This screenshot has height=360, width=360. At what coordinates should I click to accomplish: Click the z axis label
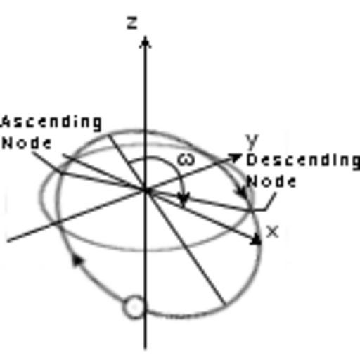[x=132, y=23]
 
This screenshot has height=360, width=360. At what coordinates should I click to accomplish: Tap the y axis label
[x=252, y=141]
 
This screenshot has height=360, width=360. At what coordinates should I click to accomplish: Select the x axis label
[x=272, y=232]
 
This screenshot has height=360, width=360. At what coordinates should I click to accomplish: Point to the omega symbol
[x=186, y=160]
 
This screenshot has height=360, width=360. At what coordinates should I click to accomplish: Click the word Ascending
[x=51, y=122]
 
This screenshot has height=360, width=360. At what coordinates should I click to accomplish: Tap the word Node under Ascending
[x=27, y=143]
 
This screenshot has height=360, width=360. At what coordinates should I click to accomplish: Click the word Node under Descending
[x=271, y=181]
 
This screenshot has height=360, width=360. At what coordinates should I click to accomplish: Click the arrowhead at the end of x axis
[x=257, y=240]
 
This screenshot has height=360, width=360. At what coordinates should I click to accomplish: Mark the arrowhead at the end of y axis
[x=235, y=157]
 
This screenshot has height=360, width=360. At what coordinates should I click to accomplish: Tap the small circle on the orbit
[x=134, y=307]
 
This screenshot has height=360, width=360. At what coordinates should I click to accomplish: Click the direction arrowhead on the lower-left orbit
[x=77, y=259]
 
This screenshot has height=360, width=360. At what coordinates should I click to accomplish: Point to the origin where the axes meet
[x=146, y=191]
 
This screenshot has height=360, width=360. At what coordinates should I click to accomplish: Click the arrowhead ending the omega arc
[x=184, y=199]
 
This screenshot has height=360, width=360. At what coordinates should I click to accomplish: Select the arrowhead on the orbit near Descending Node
[x=241, y=193]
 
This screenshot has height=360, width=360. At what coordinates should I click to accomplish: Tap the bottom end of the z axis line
[x=146, y=349]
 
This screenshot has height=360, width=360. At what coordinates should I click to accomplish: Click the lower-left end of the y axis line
[x=8, y=240]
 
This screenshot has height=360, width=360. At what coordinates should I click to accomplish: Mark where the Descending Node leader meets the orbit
[x=252, y=210]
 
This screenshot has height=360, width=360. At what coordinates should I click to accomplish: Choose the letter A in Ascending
[x=6, y=122]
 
